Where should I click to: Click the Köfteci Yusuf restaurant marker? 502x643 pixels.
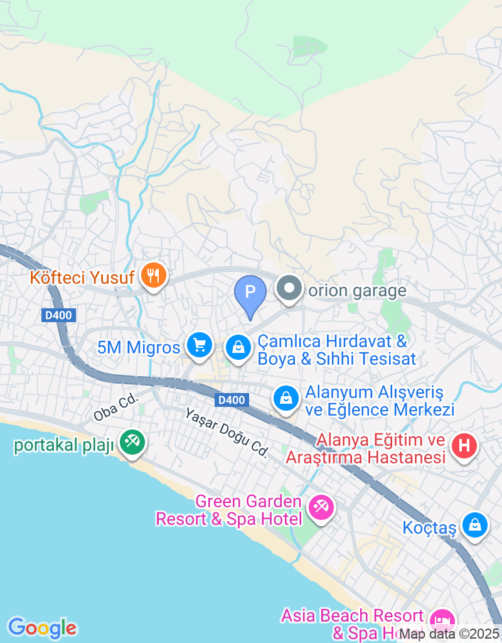[152, 275]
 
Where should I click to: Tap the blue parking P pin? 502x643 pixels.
[250, 293]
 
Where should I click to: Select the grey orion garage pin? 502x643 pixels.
[289, 289]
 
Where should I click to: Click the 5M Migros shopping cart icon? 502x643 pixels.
[200, 345]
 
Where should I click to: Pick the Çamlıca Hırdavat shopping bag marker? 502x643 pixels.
[238, 346]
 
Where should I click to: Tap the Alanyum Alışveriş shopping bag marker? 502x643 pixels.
[286, 398]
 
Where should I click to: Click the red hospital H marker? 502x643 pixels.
[464, 446]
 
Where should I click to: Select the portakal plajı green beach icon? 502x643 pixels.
[132, 442]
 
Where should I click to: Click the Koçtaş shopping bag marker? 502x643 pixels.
[475, 525]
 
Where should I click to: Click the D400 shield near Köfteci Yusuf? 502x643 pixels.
[60, 316]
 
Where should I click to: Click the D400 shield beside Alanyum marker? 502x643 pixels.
[232, 400]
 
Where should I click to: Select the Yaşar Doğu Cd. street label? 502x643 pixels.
[227, 433]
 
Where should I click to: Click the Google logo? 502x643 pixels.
[42, 627]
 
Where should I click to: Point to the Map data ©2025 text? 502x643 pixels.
[449, 634]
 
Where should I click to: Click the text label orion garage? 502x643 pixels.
[357, 291]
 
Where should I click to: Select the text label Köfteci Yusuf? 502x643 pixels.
[83, 276]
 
